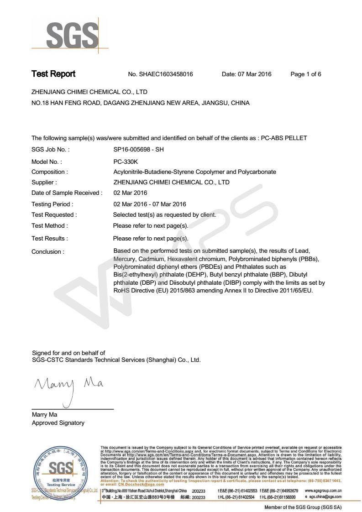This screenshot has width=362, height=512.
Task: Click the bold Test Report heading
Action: [53, 74]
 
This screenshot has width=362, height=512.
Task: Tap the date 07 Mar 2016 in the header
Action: [247, 74]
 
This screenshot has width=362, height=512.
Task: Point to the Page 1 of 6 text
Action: [306, 74]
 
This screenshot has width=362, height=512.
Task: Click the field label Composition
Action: [49, 172]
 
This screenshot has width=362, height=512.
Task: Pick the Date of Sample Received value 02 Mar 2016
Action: [130, 193]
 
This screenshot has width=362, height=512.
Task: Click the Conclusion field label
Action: [47, 251]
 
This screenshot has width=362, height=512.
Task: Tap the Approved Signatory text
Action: [58, 423]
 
